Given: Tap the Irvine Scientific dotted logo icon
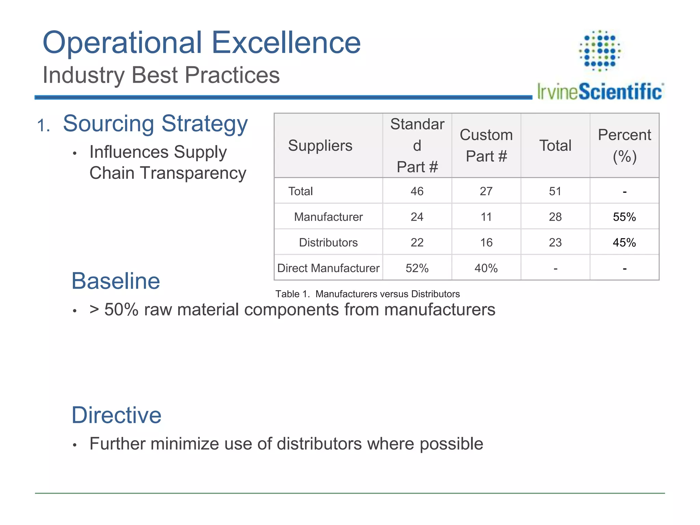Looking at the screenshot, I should (x=600, y=51).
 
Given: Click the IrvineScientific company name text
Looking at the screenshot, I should (x=600, y=92).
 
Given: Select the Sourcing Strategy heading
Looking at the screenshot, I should (x=155, y=124).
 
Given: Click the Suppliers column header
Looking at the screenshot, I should (x=320, y=146).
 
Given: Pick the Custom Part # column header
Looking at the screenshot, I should (x=486, y=146).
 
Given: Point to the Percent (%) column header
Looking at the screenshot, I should (x=624, y=146).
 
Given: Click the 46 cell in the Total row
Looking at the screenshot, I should (x=417, y=191).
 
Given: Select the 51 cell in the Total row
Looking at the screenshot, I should (x=555, y=191).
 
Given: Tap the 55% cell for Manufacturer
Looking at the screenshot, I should (x=624, y=217).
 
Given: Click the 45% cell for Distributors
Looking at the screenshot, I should (x=624, y=242).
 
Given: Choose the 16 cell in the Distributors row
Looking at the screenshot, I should (x=486, y=242).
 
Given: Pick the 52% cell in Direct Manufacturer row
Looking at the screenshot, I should (x=417, y=268).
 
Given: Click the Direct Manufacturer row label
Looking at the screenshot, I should (x=328, y=268).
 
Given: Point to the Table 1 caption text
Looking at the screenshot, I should (x=367, y=294).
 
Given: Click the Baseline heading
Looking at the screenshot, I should (x=116, y=281).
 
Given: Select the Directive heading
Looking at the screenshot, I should (x=116, y=415).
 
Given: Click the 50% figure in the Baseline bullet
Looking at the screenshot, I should (x=121, y=310).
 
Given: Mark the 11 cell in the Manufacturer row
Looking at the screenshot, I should (x=486, y=217).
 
